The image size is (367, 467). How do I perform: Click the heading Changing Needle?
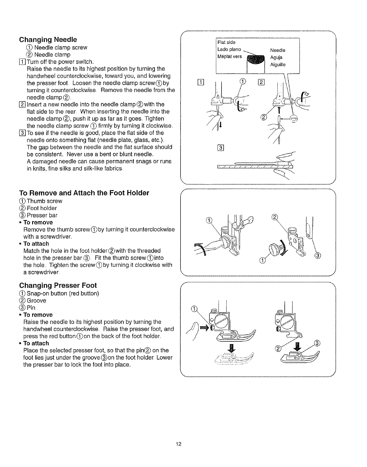48,40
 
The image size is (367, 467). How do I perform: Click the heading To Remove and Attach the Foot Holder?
84,193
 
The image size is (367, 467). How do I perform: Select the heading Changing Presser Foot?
58,285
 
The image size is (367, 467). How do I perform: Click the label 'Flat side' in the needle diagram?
226,42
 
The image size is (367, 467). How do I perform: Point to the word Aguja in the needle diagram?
276,57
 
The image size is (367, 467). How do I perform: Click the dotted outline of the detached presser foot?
233,361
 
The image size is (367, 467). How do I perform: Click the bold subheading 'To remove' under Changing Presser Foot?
38,315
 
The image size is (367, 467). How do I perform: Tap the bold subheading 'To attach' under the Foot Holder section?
36,244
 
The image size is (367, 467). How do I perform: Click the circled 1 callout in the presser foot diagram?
194,309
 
